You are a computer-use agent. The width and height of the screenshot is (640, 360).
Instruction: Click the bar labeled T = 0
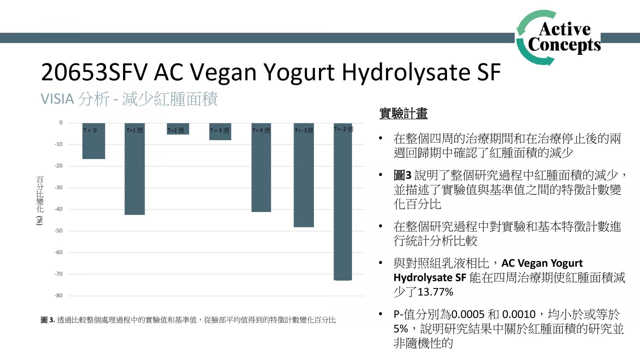click(x=94, y=141)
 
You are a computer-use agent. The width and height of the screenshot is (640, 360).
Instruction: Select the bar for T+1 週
click(x=135, y=169)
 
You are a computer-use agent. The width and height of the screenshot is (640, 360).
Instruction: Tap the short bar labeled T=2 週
click(x=178, y=129)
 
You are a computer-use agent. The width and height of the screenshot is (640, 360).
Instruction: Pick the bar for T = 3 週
click(x=220, y=132)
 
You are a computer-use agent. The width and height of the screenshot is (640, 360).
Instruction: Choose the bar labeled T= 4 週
click(x=261, y=167)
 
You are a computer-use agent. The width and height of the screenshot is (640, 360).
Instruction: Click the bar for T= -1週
click(x=304, y=175)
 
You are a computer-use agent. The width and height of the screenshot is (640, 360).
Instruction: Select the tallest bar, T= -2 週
click(x=343, y=202)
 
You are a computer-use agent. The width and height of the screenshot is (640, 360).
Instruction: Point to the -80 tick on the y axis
click(x=58, y=295)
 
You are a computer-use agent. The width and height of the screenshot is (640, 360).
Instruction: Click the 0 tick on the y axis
click(x=61, y=123)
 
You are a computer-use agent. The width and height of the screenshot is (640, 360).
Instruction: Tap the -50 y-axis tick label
click(x=58, y=231)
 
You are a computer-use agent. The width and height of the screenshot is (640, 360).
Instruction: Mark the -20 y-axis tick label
click(x=58, y=166)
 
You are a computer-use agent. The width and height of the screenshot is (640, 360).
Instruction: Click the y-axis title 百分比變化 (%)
click(x=40, y=201)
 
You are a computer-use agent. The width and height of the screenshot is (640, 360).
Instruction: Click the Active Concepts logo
click(x=558, y=38)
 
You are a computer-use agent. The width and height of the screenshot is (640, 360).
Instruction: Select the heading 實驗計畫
click(x=403, y=113)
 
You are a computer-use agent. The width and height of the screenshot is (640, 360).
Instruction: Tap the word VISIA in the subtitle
click(x=57, y=99)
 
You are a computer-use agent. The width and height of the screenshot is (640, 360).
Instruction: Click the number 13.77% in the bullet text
click(x=435, y=292)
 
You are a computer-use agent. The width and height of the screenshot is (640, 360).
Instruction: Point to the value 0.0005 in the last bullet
click(x=468, y=314)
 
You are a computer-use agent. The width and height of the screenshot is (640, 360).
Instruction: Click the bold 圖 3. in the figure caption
click(x=48, y=320)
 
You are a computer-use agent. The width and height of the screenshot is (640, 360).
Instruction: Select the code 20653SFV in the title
click(x=94, y=72)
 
